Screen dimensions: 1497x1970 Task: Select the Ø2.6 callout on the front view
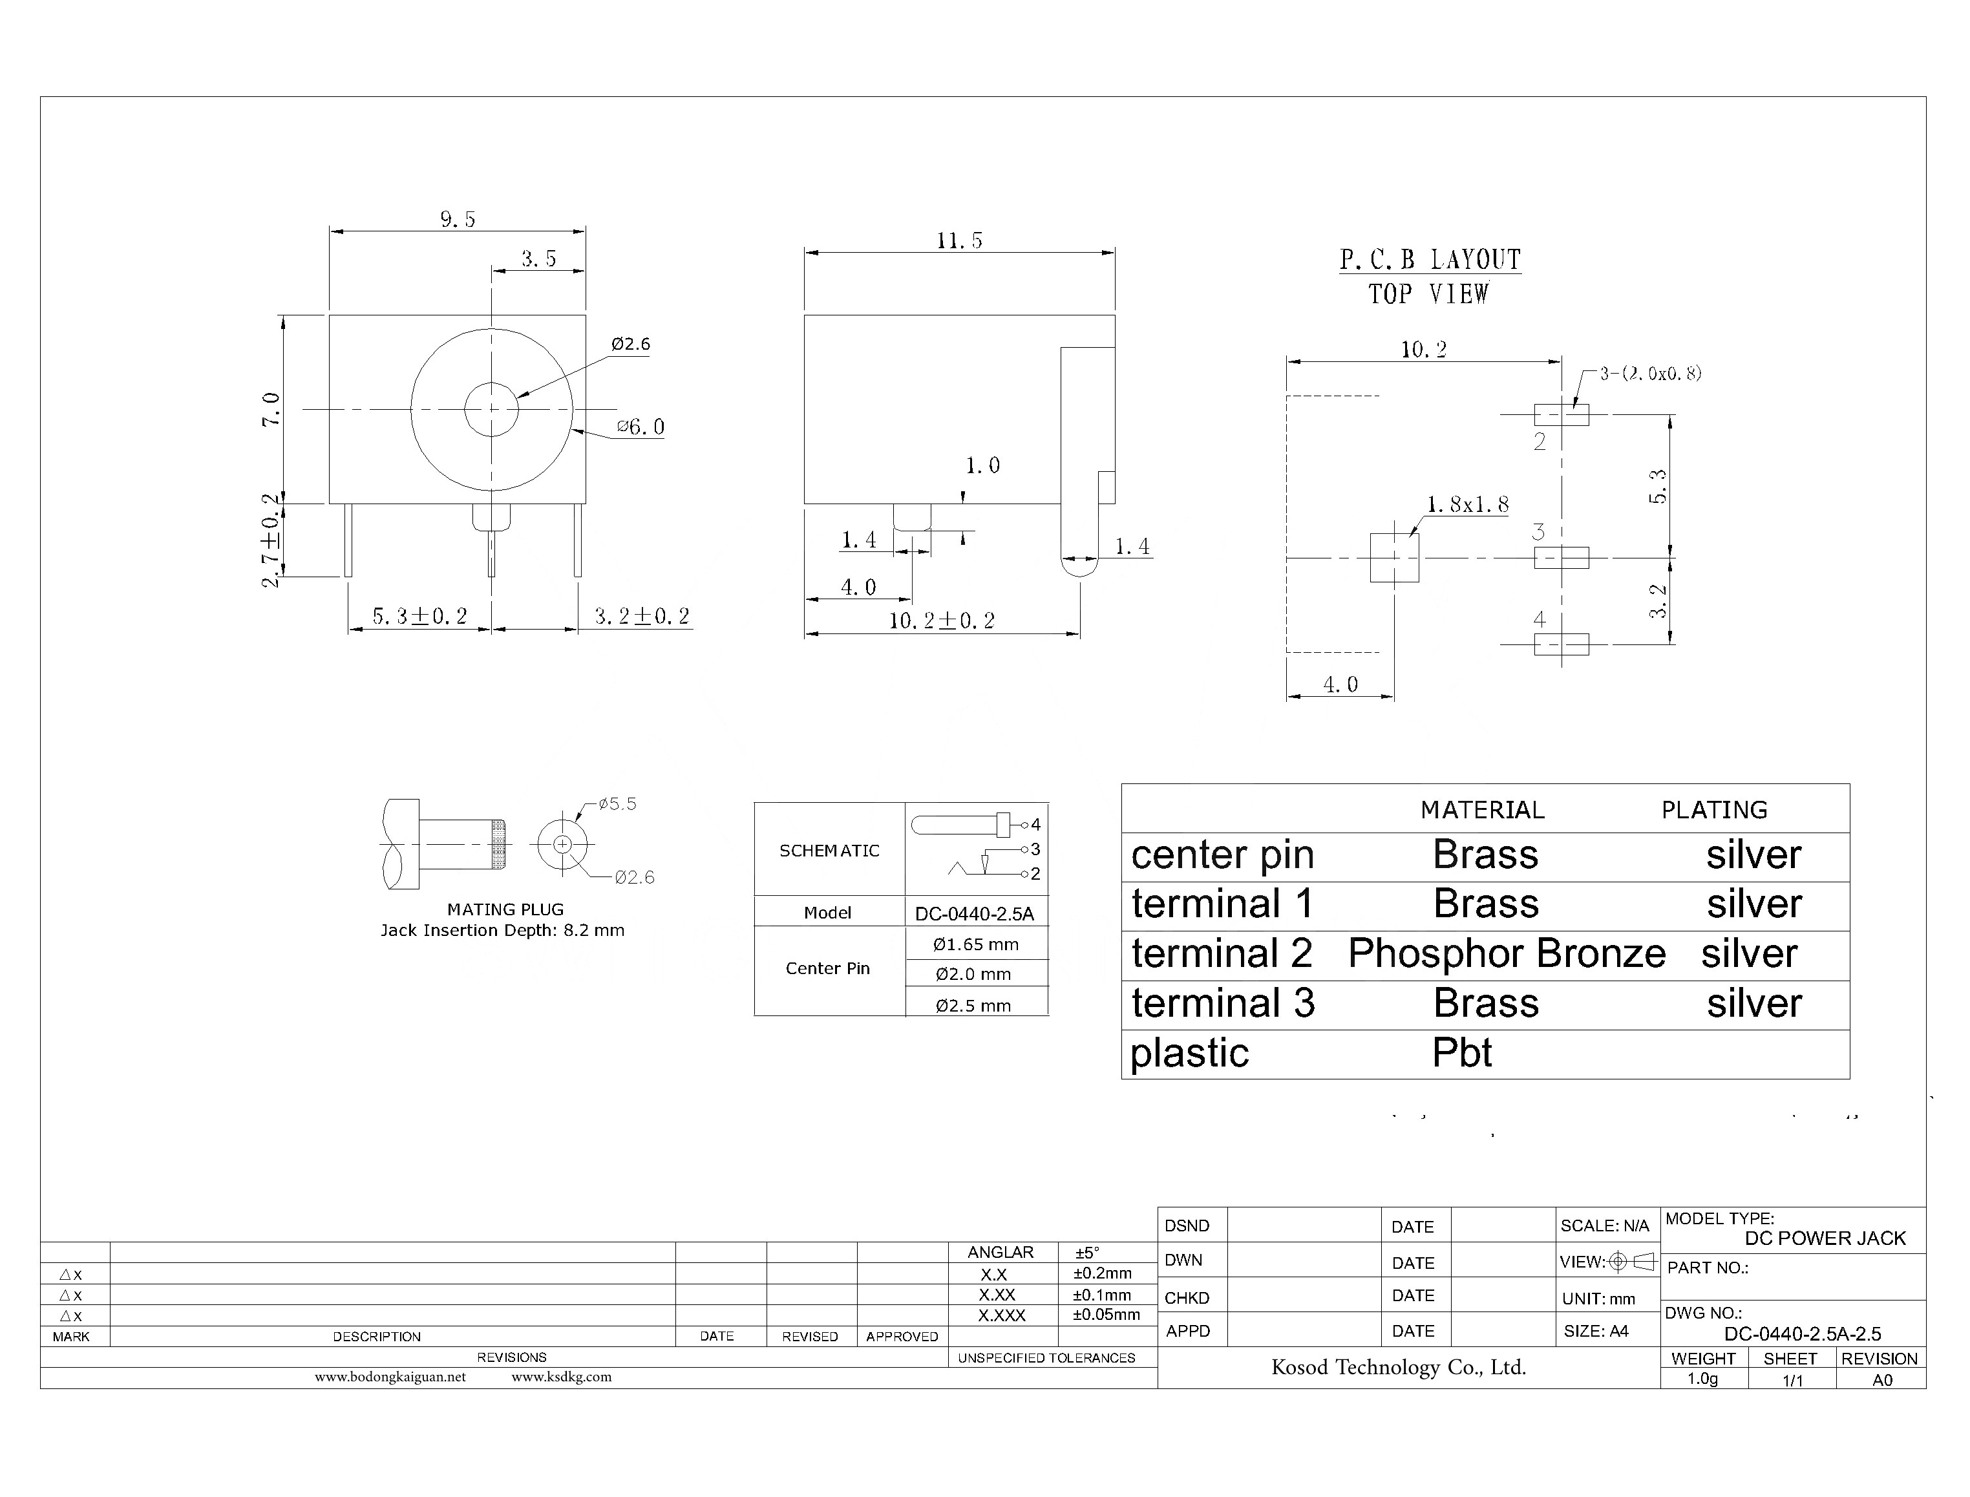630,344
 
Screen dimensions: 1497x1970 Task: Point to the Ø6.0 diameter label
641,427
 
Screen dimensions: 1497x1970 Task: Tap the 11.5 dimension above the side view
959,240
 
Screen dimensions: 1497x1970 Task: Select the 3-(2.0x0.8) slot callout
1650,374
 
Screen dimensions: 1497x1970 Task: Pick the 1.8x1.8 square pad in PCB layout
1393,557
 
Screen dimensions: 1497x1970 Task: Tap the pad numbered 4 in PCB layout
1561,643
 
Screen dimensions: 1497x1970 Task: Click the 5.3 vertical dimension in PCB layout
1657,487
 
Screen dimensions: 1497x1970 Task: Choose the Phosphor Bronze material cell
1506,953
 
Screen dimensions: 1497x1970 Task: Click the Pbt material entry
1461,1052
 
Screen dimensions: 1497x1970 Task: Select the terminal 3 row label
1222,1003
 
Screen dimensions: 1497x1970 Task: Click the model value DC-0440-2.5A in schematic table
974,913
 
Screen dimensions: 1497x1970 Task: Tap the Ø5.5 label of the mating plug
617,803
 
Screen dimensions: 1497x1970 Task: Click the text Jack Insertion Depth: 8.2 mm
503,930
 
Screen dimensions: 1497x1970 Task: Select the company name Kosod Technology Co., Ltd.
1398,1368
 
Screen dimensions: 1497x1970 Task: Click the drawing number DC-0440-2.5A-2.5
1801,1334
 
